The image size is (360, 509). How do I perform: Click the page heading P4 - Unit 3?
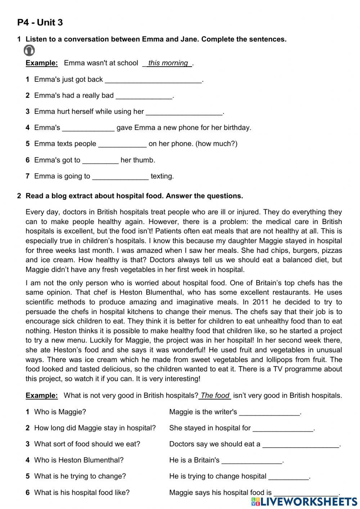pos(40,23)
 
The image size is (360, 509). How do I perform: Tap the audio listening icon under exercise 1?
pos(29,51)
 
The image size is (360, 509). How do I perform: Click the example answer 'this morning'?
pos(168,63)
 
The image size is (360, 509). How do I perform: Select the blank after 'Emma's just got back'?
pos(153,80)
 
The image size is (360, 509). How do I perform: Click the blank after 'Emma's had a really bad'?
pos(144,96)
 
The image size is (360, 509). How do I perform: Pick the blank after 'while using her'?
pos(184,112)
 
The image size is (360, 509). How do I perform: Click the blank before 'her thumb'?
pos(100,160)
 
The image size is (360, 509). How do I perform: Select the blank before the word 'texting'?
pos(120,177)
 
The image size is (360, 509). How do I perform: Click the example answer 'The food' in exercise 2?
pos(215,396)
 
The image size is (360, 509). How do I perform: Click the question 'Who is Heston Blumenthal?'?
pos(78,460)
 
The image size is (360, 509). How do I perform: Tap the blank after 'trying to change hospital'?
pos(289,477)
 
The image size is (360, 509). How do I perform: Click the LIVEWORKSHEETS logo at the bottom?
pos(304,501)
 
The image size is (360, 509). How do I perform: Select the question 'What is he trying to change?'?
pos(80,476)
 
